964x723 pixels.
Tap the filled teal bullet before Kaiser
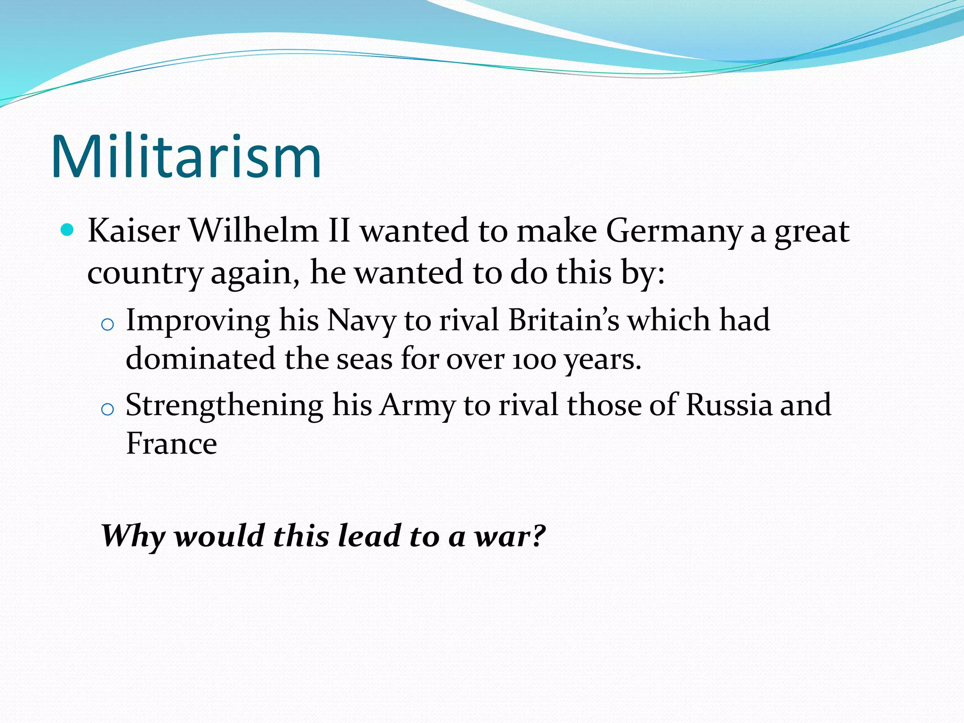click(x=68, y=230)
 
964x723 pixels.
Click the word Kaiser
click(x=134, y=231)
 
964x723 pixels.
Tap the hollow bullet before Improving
click(x=108, y=324)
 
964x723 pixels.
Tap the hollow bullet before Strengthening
click(x=108, y=409)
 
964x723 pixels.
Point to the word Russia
click(x=729, y=405)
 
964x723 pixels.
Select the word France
click(x=171, y=443)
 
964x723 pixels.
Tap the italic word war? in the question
click(x=510, y=536)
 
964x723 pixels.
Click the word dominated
click(x=201, y=359)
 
